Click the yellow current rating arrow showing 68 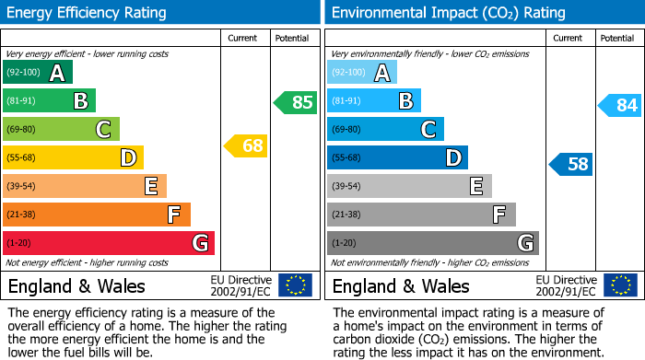pyautogui.click(x=246, y=145)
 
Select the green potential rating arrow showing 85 pyautogui.click(x=296, y=102)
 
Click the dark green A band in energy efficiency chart pyautogui.click(x=38, y=73)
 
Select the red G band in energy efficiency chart pyautogui.click(x=109, y=243)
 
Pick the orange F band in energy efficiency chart pyautogui.click(x=97, y=215)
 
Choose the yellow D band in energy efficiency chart pyautogui.click(x=73, y=157)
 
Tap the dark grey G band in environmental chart pyautogui.click(x=432, y=243)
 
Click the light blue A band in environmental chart pyautogui.click(x=362, y=73)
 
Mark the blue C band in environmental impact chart pyautogui.click(x=385, y=129)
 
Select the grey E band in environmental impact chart pyautogui.click(x=409, y=186)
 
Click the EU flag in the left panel pyautogui.click(x=295, y=285)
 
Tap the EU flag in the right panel pyautogui.click(x=619, y=285)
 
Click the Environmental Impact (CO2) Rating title pyautogui.click(x=448, y=13)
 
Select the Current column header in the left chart pyautogui.click(x=244, y=38)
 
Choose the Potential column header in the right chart pyautogui.click(x=617, y=38)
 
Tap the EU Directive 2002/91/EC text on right pyautogui.click(x=566, y=285)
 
